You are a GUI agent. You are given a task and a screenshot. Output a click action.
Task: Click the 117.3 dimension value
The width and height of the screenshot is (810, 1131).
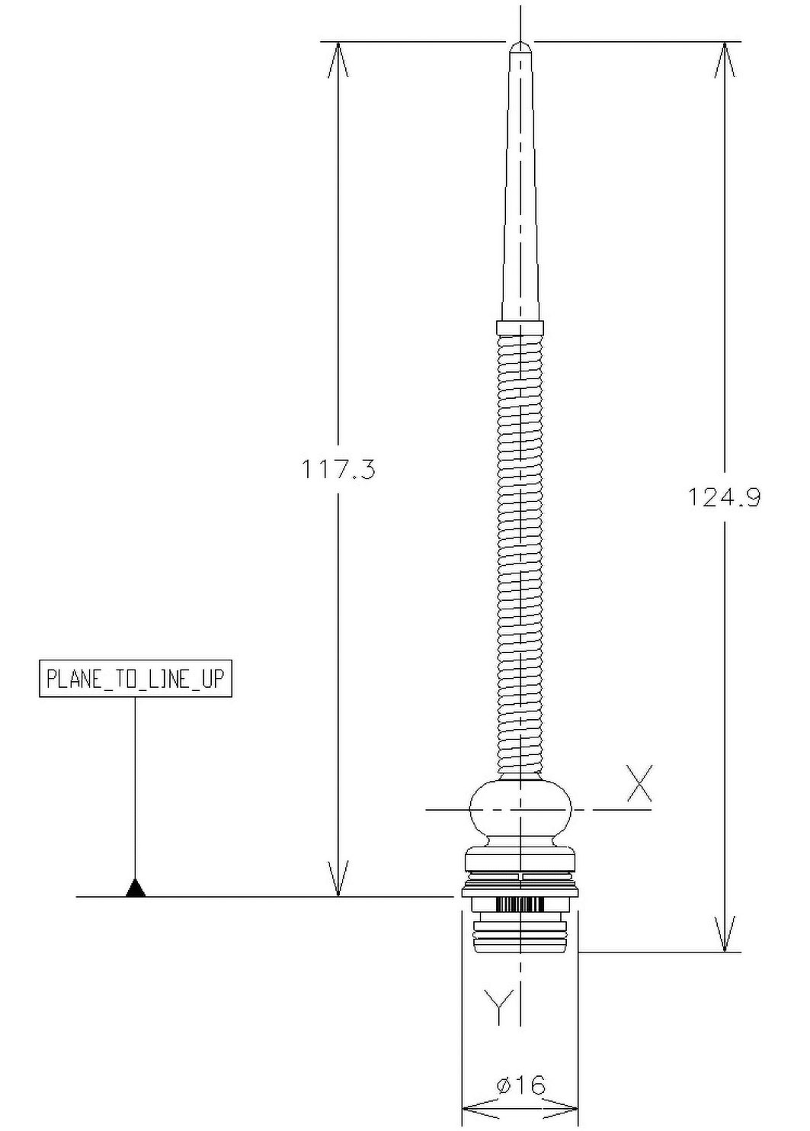point(338,469)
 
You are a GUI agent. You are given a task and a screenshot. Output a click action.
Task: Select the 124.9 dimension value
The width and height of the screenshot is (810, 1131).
point(724,497)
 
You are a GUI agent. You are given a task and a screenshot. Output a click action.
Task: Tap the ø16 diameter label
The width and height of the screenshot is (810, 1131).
point(520,1084)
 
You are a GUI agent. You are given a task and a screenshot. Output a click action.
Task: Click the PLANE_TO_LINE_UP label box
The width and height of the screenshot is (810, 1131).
point(135,679)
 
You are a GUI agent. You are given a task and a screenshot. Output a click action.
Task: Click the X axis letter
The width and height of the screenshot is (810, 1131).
point(639,785)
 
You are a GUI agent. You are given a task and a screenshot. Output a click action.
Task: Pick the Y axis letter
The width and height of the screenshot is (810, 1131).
point(498,1006)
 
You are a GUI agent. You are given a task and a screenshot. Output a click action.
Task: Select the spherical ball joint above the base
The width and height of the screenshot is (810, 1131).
point(520,810)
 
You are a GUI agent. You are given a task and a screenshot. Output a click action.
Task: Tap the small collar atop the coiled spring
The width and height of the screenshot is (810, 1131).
point(520,328)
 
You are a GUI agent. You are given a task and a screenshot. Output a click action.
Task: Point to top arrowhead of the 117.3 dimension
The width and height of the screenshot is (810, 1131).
point(338,58)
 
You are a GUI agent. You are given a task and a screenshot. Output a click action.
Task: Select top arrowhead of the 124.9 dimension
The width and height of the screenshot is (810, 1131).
point(724,58)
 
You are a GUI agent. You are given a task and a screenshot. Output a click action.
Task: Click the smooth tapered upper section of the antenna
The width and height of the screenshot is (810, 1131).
point(520,191)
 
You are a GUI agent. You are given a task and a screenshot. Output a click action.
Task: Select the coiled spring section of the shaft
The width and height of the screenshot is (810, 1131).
point(520,557)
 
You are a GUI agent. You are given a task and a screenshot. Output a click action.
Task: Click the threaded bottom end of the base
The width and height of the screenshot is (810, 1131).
point(520,937)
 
